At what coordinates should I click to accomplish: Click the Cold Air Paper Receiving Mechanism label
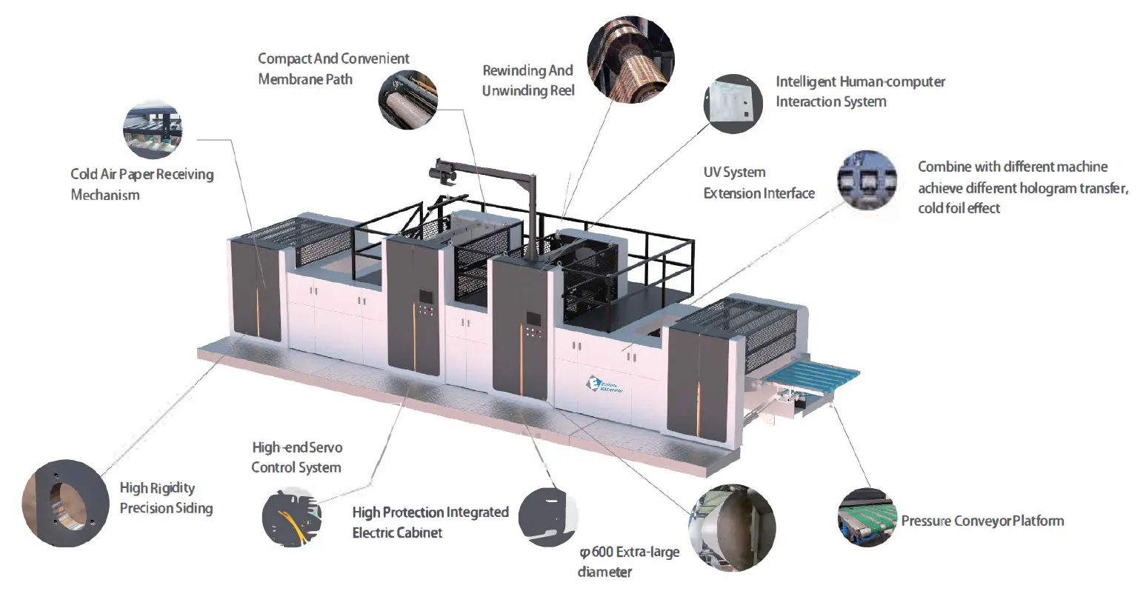click(141, 184)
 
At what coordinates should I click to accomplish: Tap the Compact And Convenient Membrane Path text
click(333, 68)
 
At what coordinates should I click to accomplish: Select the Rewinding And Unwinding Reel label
click(527, 80)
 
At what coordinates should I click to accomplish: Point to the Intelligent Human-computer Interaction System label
click(860, 91)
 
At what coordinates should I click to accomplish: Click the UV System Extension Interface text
click(759, 182)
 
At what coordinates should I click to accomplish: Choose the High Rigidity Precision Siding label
click(166, 498)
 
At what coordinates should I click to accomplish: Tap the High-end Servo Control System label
click(296, 457)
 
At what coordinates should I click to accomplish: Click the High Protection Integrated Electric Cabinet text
click(430, 521)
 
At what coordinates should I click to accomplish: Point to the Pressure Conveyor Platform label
click(982, 521)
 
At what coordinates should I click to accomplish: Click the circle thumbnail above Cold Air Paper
click(153, 130)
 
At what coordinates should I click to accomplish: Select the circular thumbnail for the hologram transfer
click(867, 180)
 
